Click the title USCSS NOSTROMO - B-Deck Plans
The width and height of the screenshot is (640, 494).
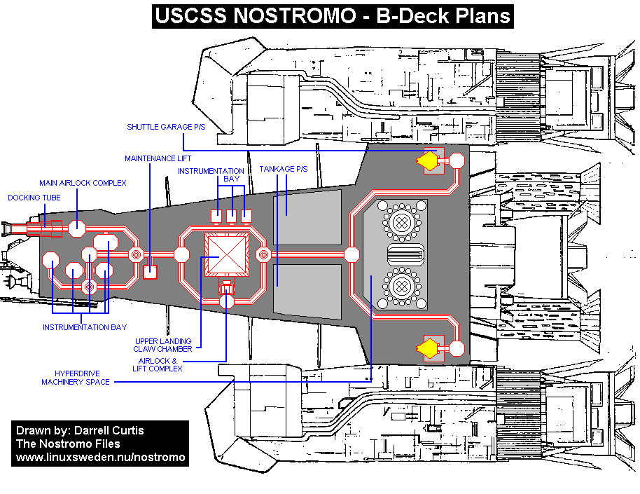(333, 15)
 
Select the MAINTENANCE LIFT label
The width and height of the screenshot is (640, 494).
(158, 158)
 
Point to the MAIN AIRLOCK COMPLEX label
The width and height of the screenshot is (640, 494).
(83, 183)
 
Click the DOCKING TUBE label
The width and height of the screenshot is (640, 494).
(34, 198)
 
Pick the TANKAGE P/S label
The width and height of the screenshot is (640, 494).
(284, 170)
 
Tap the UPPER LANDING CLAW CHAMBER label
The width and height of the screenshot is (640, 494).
(162, 345)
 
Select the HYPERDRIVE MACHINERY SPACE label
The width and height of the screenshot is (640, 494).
(76, 378)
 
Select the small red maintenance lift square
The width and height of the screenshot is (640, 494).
(149, 272)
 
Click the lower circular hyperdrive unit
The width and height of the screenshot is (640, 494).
(401, 285)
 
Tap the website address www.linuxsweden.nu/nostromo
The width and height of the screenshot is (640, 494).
(101, 457)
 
